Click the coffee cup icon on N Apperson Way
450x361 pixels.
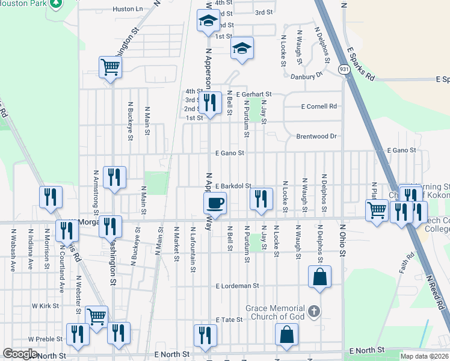pyautogui.click(x=215, y=203)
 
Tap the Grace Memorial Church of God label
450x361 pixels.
pyautogui.click(x=275, y=312)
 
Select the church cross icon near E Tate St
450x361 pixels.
pyautogui.click(x=313, y=311)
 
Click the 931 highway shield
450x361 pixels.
pyautogui.click(x=344, y=70)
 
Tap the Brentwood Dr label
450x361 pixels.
pyautogui.click(x=316, y=137)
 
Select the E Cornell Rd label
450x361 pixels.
pyautogui.click(x=319, y=106)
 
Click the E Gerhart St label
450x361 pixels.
pyautogui.click(x=254, y=94)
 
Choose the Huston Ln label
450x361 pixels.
pyautogui.click(x=128, y=9)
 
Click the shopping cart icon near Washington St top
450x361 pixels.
pyautogui.click(x=111, y=67)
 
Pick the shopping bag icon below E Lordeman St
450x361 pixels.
pyautogui.click(x=319, y=277)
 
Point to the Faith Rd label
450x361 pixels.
pyautogui.click(x=407, y=263)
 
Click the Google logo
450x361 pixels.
pyautogui.click(x=20, y=354)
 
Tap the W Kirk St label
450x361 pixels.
pyautogui.click(x=45, y=306)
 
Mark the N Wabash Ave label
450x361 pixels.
pyautogui.click(x=13, y=250)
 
